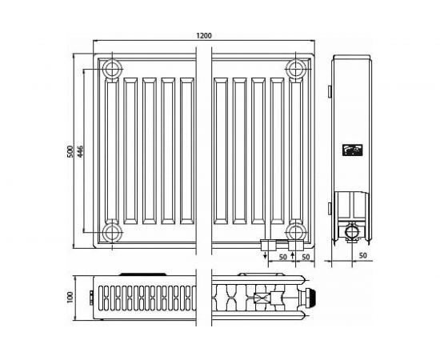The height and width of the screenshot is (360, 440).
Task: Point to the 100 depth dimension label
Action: click(x=70, y=297)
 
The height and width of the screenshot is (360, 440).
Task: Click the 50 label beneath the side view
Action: click(x=362, y=255)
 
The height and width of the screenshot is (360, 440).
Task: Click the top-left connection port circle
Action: click(x=112, y=66)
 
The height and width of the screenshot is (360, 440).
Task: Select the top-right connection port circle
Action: click(x=298, y=66)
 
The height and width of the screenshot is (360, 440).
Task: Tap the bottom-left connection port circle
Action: click(x=112, y=232)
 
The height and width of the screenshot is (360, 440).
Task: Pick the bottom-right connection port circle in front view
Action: click(x=298, y=232)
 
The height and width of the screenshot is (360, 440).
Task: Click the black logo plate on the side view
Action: click(x=351, y=149)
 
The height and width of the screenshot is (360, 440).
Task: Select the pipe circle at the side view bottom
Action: click(x=352, y=233)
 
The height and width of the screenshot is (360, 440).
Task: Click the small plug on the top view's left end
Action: click(x=93, y=298)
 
